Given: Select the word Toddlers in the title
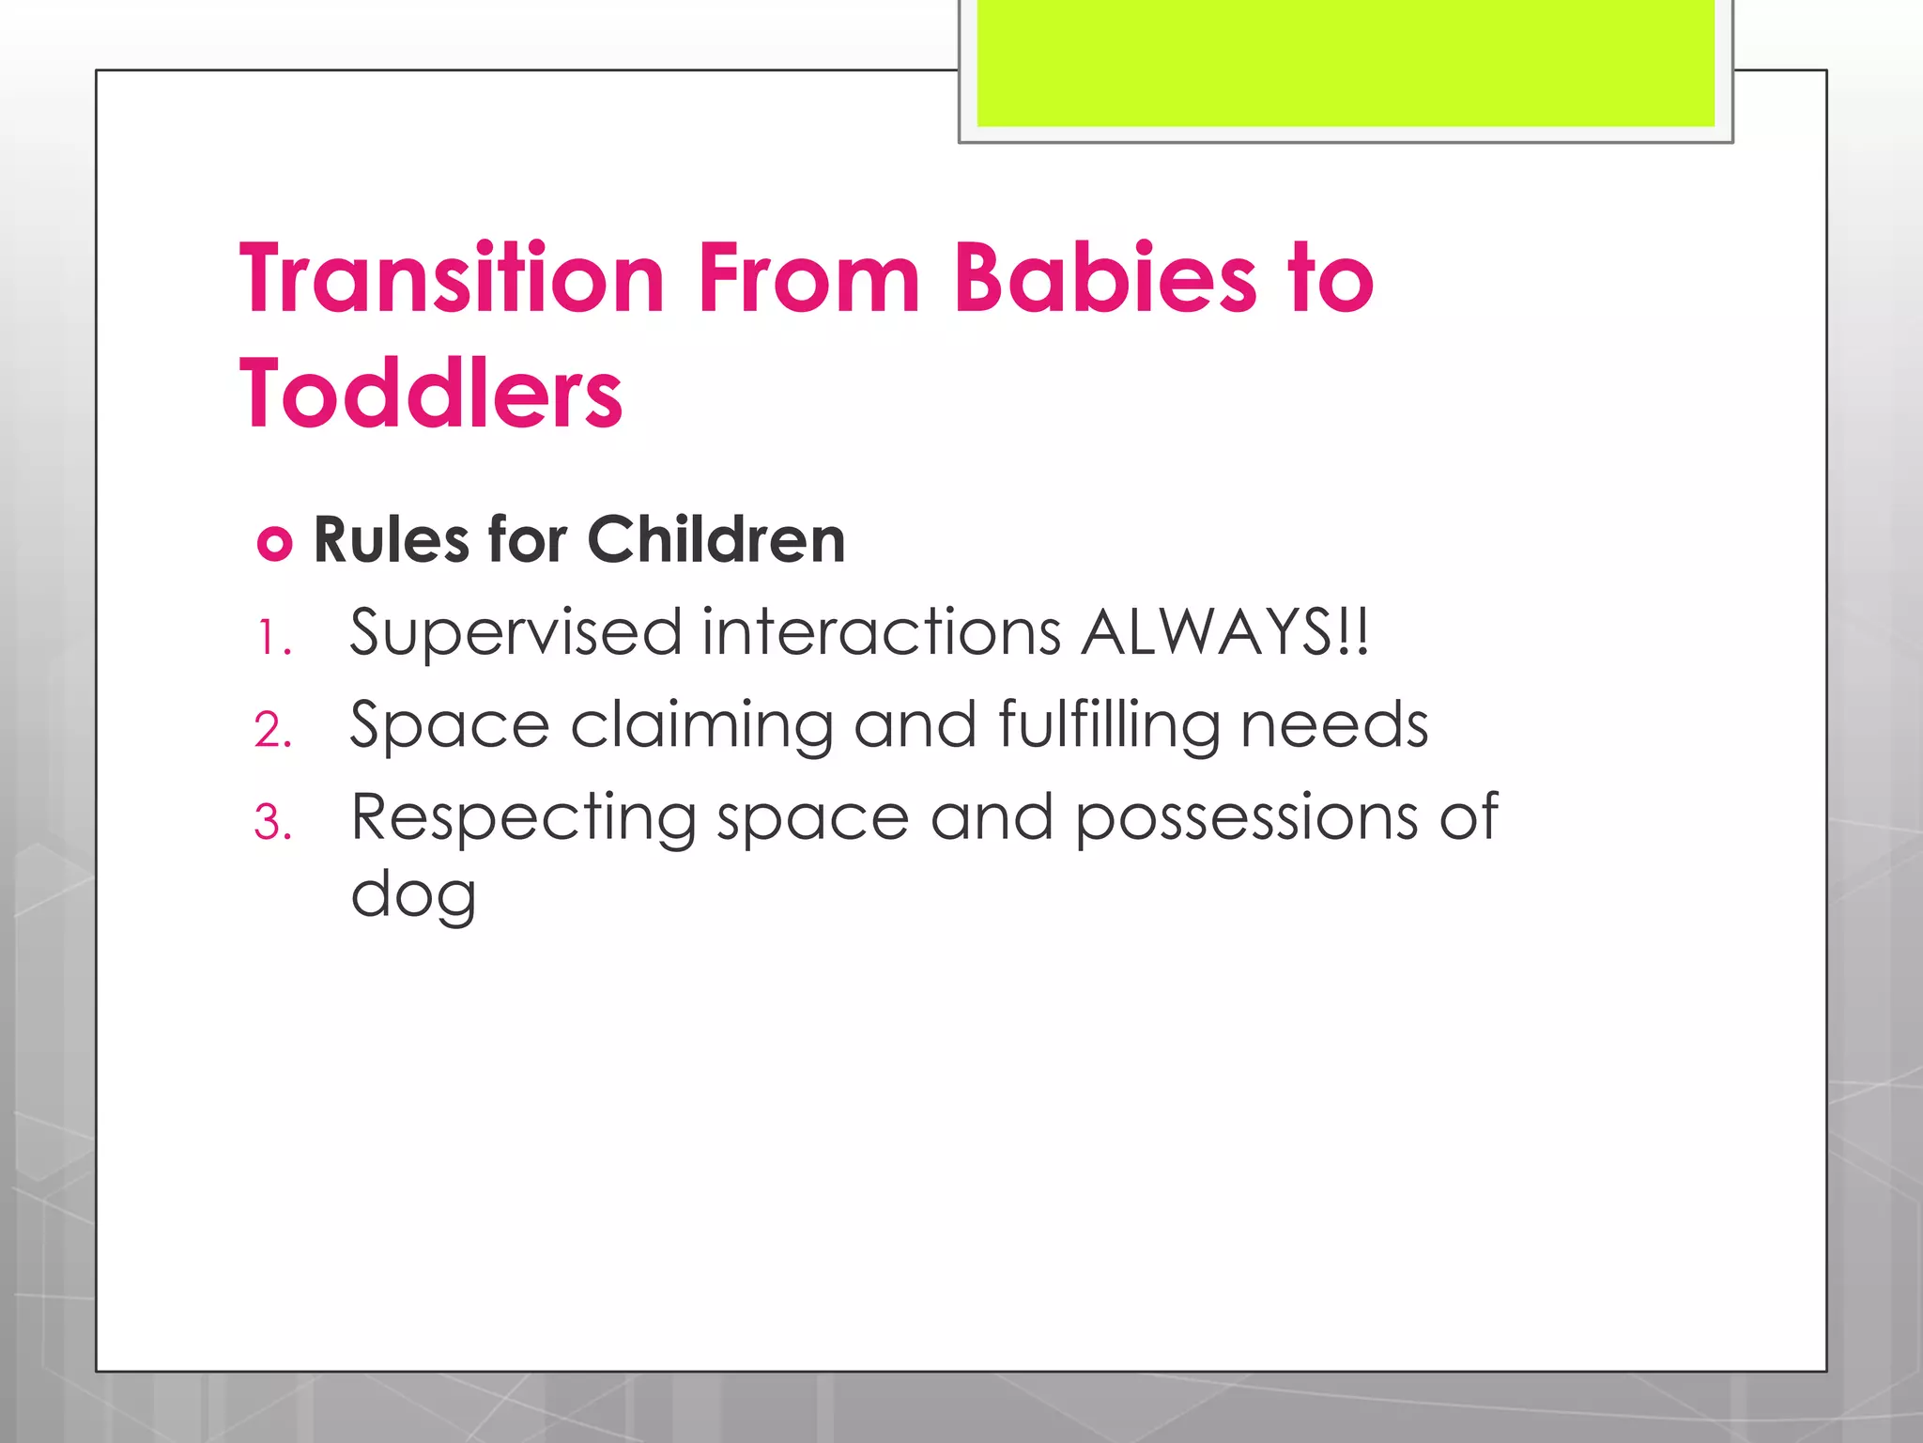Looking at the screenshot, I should pos(431,394).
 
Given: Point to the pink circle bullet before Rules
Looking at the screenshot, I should pos(274,544).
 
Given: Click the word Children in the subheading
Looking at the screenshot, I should pos(716,540).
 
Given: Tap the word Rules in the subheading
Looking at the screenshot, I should pos(392,540).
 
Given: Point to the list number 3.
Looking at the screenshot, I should pos(272,824).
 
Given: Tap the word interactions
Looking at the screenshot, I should pos(882,631).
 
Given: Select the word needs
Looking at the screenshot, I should pos(1334,725).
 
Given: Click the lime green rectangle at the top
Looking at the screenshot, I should pos(1346,63).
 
